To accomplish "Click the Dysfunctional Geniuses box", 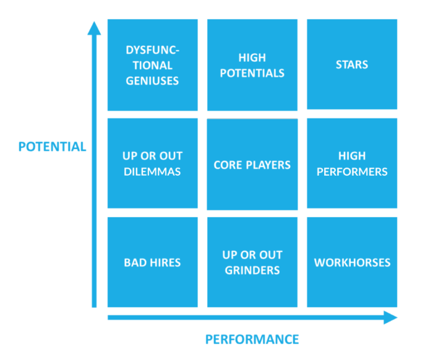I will pyautogui.click(x=152, y=65).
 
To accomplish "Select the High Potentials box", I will pyautogui.click(x=252, y=65).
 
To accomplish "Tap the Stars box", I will pyautogui.click(x=351, y=65).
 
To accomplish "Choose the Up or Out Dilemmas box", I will pyautogui.click(x=152, y=163).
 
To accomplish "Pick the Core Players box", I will pyautogui.click(x=252, y=165).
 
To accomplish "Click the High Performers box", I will pyautogui.click(x=351, y=163).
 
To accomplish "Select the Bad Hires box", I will pyautogui.click(x=152, y=262).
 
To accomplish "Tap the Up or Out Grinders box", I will pyautogui.click(x=252, y=262).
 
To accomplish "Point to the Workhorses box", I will pyautogui.click(x=351, y=262).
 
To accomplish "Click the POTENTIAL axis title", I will pyautogui.click(x=52, y=147).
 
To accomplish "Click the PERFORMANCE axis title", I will pyautogui.click(x=252, y=339).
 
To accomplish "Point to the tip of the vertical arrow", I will pyautogui.click(x=94, y=23).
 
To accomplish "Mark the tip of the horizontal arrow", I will pyautogui.click(x=395, y=318).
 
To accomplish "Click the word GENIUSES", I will pyautogui.click(x=152, y=80).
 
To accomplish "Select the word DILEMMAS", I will pyautogui.click(x=152, y=171).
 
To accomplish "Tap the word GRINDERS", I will pyautogui.click(x=252, y=270).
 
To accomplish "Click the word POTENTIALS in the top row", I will pyautogui.click(x=252, y=73).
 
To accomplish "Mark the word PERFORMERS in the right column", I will pyautogui.click(x=351, y=171).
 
